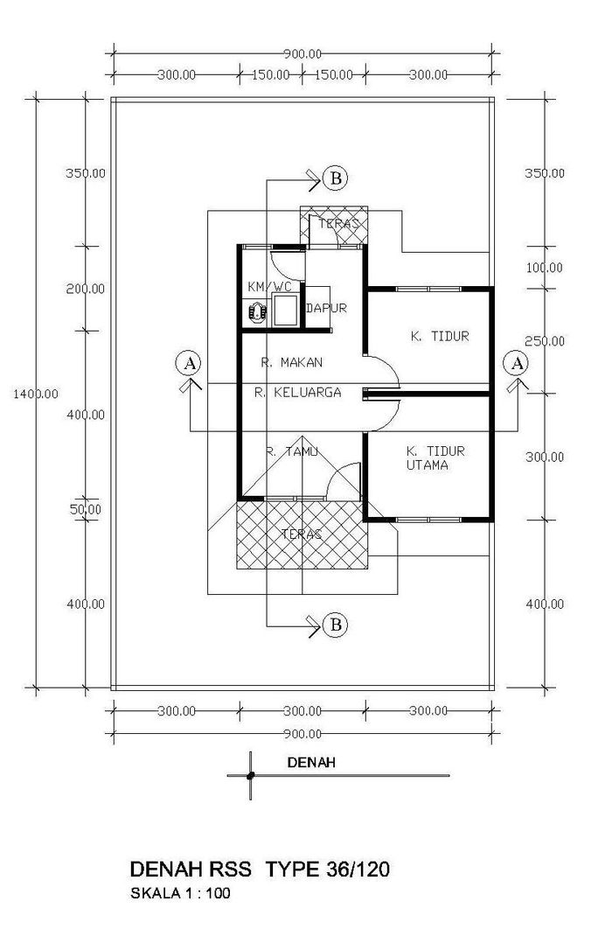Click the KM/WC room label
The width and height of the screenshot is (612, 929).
[269, 287]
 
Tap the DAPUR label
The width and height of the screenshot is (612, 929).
[326, 308]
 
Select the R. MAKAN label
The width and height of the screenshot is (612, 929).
[292, 362]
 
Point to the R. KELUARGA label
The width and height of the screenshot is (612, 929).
[298, 392]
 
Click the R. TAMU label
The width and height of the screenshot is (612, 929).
[292, 451]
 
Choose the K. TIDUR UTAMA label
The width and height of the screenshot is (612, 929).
[435, 458]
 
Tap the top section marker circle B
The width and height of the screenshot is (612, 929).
[336, 178]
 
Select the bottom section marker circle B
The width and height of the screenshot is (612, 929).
[336, 625]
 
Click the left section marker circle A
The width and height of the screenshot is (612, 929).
[189, 363]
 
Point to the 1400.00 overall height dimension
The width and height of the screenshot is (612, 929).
[36, 394]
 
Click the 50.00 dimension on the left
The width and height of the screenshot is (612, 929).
[86, 509]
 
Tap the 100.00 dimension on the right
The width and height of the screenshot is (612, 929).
[545, 268]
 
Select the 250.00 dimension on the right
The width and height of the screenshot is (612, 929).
[545, 341]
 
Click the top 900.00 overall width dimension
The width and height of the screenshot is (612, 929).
[302, 54]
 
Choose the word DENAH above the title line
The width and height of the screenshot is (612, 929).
[311, 763]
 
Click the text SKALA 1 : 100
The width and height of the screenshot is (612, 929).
[180, 893]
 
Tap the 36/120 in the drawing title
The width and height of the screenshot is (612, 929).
[358, 870]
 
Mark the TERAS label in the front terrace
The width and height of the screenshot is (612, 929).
[302, 534]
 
